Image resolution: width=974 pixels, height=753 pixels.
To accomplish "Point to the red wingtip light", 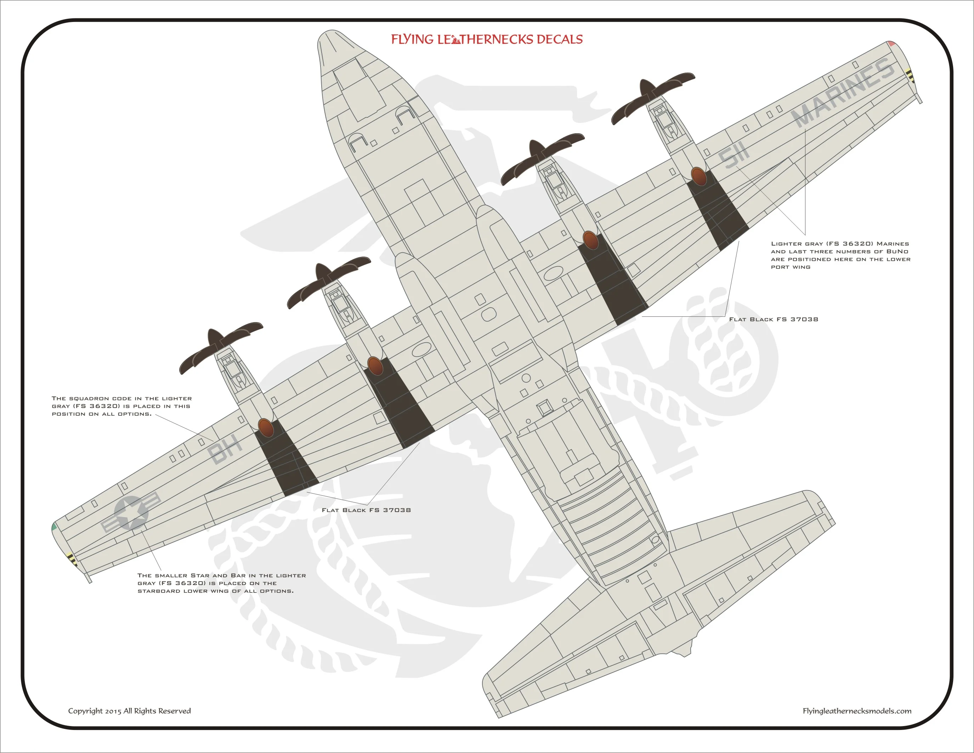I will (x=891, y=44).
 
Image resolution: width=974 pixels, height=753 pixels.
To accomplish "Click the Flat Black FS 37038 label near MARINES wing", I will (x=773, y=319).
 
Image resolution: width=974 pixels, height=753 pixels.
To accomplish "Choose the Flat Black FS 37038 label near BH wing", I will (x=366, y=510).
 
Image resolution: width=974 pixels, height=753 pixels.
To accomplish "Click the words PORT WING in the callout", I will (x=790, y=267).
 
